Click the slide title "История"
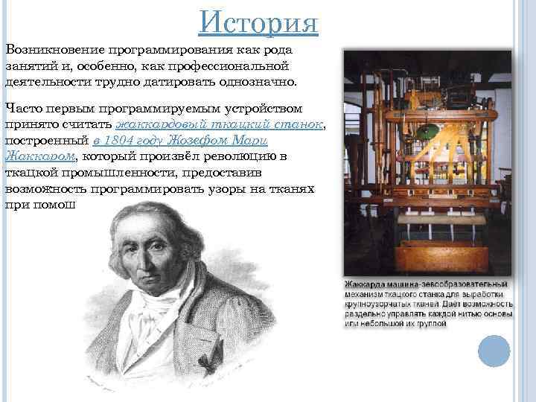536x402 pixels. click(259, 23)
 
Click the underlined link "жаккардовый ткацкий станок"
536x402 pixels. click(220, 124)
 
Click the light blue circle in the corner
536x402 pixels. click(494, 351)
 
